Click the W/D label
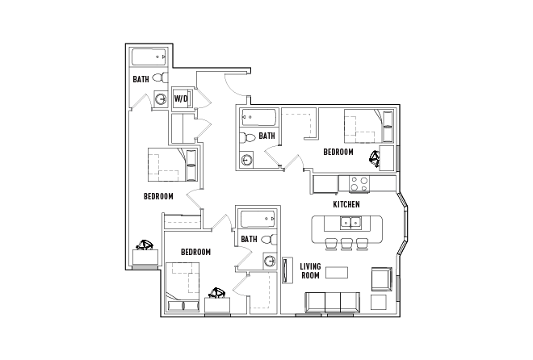(x=182, y=99)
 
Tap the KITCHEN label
(x=346, y=204)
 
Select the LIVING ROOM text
(x=310, y=270)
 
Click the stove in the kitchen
(x=359, y=184)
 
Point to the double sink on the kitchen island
(x=350, y=224)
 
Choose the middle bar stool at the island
(x=346, y=244)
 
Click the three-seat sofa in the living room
(x=331, y=301)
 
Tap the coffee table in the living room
(x=337, y=271)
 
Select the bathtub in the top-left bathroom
(x=149, y=58)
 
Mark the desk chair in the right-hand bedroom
(x=375, y=157)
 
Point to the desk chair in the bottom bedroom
(x=216, y=293)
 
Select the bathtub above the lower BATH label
(x=258, y=219)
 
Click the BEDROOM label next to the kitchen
(x=338, y=152)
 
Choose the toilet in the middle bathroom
(x=250, y=139)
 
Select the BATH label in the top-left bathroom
(x=141, y=80)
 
